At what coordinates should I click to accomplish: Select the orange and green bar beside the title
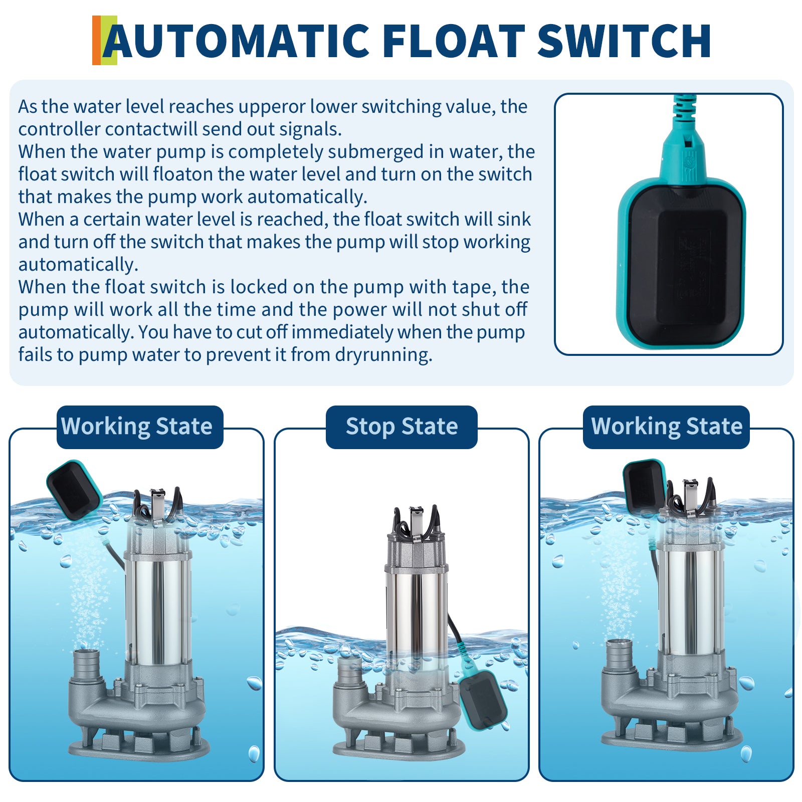104,40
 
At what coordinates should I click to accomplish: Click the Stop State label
402,427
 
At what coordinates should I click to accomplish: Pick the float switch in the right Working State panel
645,486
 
